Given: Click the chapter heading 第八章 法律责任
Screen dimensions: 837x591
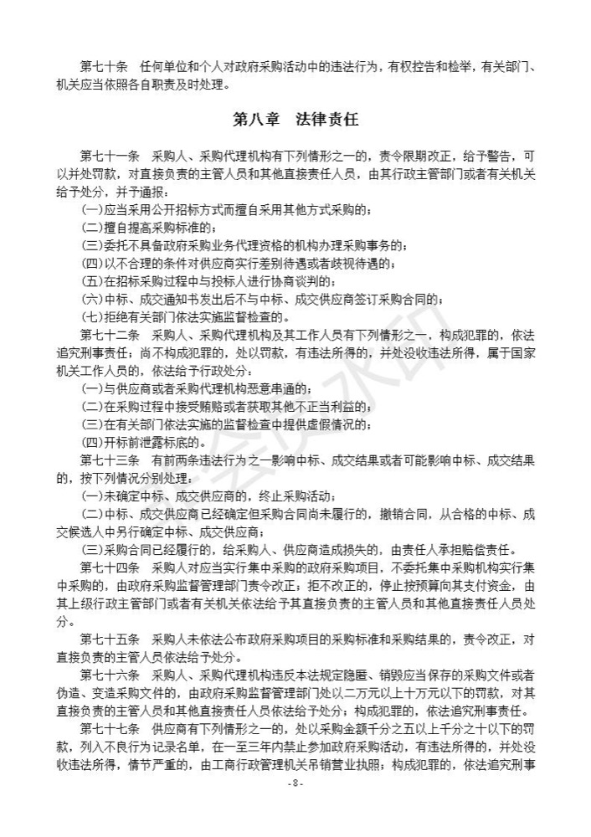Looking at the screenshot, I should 295,120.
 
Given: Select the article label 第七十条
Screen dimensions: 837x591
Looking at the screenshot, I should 104,66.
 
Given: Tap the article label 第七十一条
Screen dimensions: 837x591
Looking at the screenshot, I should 109,157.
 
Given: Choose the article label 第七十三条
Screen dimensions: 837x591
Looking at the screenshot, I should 109,460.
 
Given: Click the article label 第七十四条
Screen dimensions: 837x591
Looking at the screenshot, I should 109,567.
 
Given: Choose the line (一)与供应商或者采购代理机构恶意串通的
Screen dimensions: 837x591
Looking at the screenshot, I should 198,388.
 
